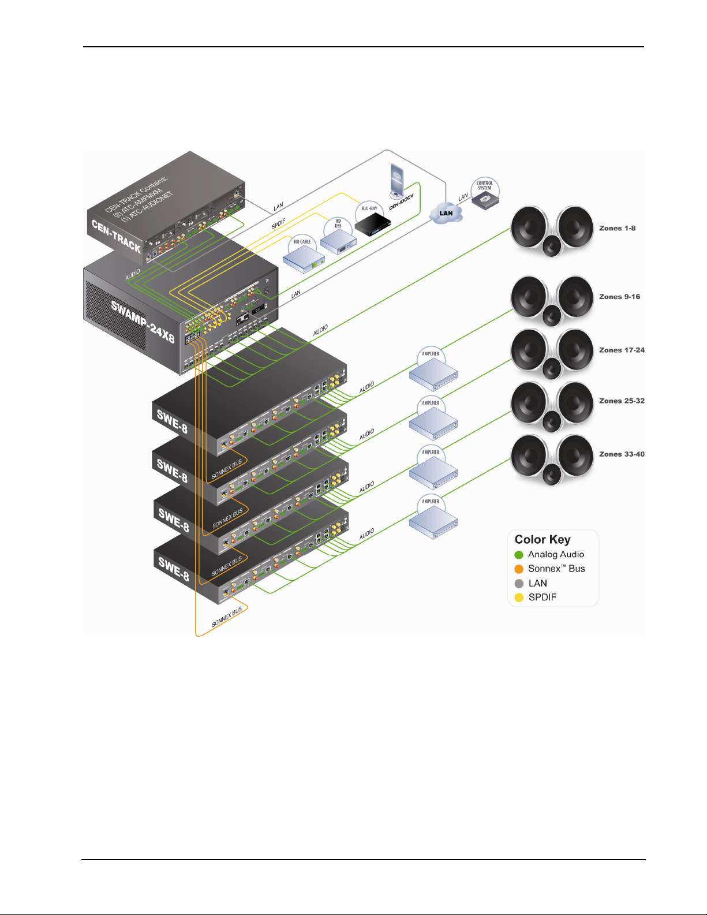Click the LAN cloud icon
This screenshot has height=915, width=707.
[x=446, y=213]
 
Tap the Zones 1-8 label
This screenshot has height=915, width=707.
[x=617, y=229]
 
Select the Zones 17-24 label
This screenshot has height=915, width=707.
[x=622, y=350]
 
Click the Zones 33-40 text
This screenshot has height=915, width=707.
[x=622, y=454]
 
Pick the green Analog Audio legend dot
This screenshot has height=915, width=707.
[x=519, y=555]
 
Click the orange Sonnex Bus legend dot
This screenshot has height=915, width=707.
[x=519, y=569]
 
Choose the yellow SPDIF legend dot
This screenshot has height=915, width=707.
[x=519, y=597]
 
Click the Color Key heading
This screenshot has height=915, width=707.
[x=543, y=540]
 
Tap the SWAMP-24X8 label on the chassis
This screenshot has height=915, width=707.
[x=143, y=322]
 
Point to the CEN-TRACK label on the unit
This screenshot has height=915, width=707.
[x=116, y=236]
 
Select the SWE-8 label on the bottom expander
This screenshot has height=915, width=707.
[x=174, y=568]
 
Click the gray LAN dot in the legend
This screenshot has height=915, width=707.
[x=519, y=584]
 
